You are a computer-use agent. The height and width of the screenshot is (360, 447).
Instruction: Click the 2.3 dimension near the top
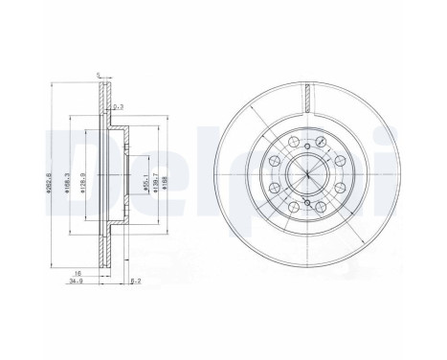click(x=117, y=107)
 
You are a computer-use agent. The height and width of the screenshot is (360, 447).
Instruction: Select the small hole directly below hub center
click(x=306, y=202)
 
